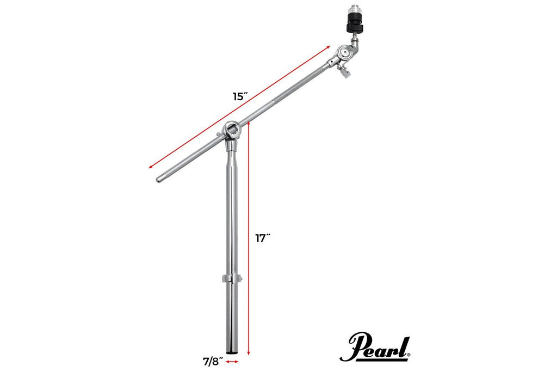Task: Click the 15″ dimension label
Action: tap(240, 96)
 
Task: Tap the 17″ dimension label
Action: tap(263, 238)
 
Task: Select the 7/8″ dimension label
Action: tap(213, 361)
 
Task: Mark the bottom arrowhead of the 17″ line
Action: tap(249, 353)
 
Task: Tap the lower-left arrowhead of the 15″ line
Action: tap(150, 167)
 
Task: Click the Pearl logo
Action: tap(375, 347)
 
